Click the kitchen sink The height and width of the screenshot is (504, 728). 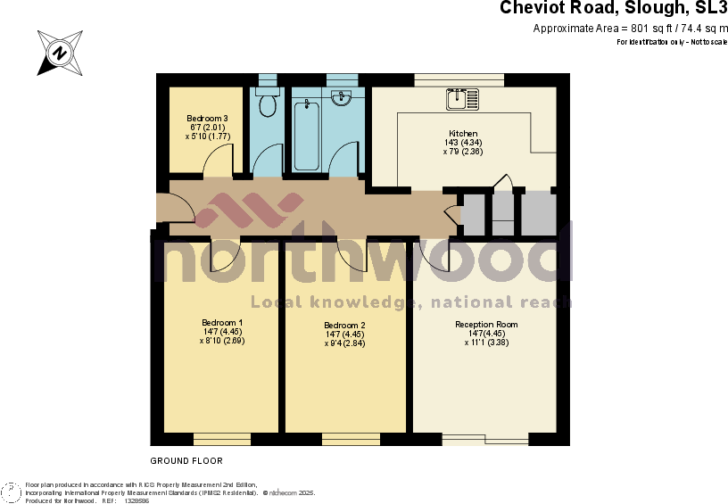click(462, 98)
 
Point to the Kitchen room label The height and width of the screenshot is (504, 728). click(463, 134)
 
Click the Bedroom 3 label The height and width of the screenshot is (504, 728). click(207, 119)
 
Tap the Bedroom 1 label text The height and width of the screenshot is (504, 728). click(222, 322)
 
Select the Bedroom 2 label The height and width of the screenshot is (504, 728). click(344, 326)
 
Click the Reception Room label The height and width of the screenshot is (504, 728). click(486, 325)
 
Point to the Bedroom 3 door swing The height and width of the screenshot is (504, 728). click(218, 161)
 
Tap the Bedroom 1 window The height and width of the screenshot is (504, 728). click(222, 437)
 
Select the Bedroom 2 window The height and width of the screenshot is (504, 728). click(350, 437)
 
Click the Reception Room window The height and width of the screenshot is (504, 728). click(485, 438)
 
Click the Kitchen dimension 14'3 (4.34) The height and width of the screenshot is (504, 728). click(463, 143)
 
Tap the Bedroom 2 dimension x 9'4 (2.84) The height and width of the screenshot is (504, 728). click(344, 343)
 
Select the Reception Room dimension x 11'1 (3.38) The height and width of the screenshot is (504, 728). click(486, 342)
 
